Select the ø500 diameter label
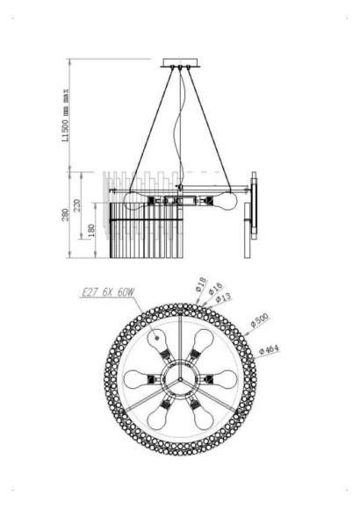(261, 322)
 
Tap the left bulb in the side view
(133, 200)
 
